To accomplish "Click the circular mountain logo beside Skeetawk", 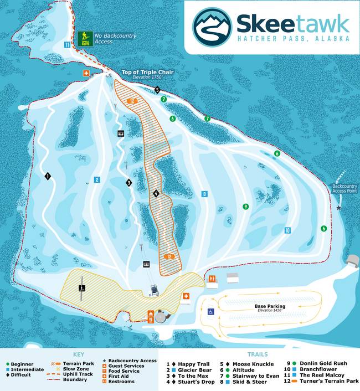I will [x=212, y=26].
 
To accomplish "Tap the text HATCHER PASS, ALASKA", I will [x=293, y=39].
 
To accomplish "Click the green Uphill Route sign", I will [x=85, y=38].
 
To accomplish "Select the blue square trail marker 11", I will [x=67, y=45].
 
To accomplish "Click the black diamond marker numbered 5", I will [x=157, y=90].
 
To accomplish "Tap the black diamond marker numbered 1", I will [x=48, y=176].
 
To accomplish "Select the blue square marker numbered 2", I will [x=96, y=179].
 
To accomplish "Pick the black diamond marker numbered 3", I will [x=129, y=182].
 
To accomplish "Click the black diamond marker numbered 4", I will [x=156, y=193].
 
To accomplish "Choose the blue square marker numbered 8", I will [x=204, y=194].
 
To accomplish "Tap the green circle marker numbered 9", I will [x=245, y=207].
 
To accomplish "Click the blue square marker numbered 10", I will [x=287, y=230].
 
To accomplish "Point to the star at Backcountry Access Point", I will [x=339, y=208].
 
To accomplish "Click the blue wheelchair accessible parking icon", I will [x=210, y=312].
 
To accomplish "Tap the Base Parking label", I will [x=270, y=306].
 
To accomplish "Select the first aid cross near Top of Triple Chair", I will [x=86, y=73].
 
